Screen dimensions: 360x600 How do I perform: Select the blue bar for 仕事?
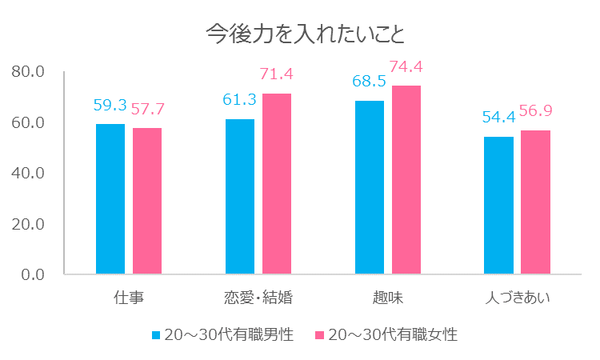(110, 199)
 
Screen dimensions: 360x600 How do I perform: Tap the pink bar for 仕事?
(147, 201)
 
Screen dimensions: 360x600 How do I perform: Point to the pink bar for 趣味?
(406, 180)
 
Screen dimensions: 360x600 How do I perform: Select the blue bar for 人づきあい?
(499, 206)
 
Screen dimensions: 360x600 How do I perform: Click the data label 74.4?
(406, 66)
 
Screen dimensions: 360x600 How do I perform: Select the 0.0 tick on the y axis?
(32, 274)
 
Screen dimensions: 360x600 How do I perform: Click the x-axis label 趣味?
(388, 298)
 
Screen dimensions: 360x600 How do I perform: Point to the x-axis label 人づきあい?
(518, 298)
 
